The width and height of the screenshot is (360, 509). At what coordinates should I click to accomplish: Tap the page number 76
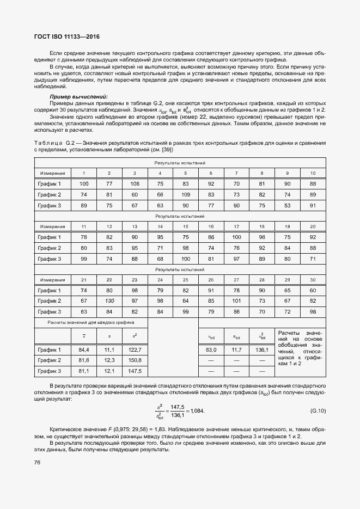[38, 463]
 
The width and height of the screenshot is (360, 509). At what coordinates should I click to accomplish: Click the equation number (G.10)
[318, 410]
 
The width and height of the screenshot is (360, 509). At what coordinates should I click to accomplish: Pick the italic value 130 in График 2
[109, 301]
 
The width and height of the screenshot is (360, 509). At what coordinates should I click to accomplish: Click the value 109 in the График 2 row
[185, 194]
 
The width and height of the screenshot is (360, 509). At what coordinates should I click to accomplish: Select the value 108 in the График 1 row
[135, 183]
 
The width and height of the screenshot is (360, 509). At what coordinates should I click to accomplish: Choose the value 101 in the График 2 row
[236, 301]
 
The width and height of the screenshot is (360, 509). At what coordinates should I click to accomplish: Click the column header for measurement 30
[313, 280]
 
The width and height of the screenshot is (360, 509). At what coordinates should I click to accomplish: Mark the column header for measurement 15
[185, 226]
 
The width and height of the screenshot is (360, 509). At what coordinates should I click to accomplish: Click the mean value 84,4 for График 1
[83, 349]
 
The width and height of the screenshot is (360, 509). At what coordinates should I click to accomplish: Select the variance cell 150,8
[135, 360]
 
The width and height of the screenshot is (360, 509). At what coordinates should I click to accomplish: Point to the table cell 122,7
[135, 349]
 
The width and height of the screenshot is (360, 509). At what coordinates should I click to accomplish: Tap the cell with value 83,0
[211, 349]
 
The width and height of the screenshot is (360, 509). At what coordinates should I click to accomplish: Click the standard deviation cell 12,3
[109, 360]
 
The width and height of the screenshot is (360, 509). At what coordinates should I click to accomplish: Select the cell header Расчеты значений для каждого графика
[90, 323]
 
